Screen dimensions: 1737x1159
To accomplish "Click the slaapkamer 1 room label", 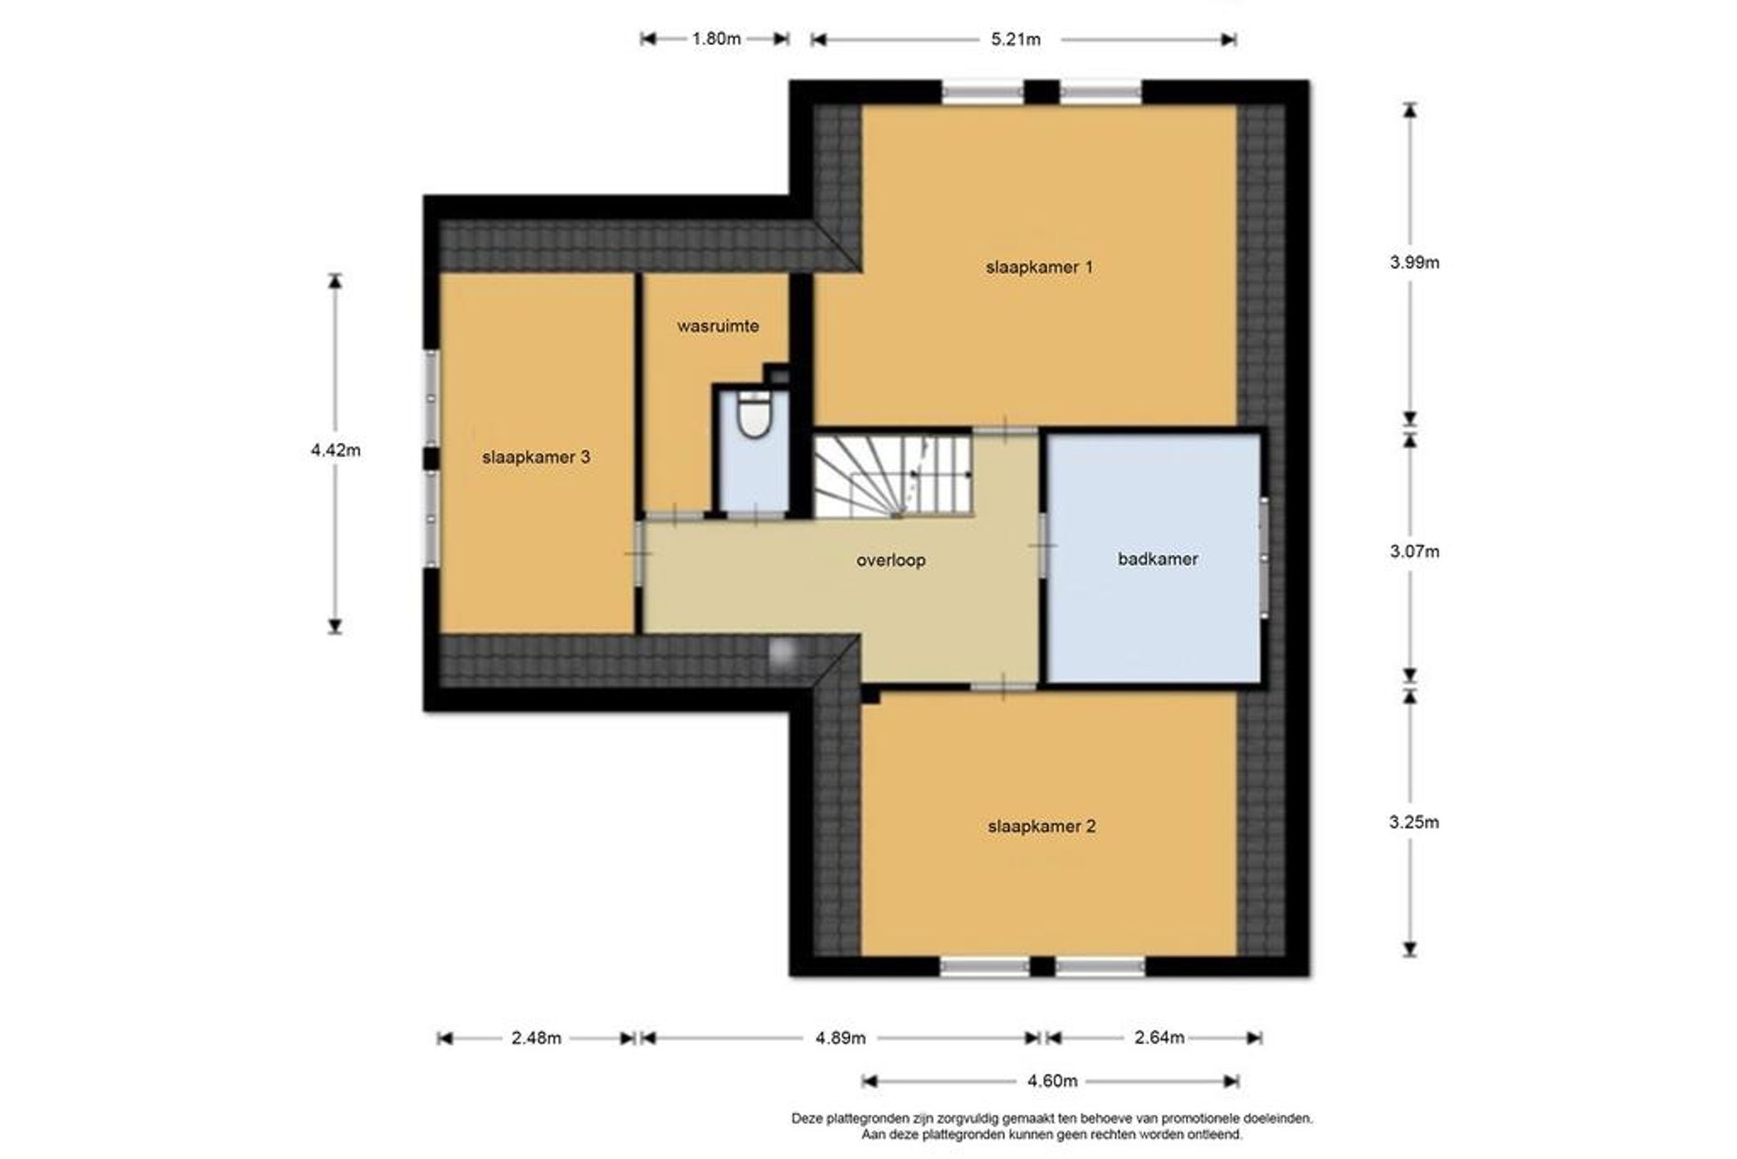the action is point(1039,267).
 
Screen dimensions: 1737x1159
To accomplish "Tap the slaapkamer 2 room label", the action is point(1041,826).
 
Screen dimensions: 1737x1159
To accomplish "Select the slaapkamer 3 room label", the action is point(536,457).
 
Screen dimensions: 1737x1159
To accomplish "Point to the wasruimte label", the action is point(717,326).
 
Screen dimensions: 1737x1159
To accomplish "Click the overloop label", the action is point(890,560).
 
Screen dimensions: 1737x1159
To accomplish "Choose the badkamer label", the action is point(1157,559).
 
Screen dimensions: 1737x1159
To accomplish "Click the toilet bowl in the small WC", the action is point(754,415).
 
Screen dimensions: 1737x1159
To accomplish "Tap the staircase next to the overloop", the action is point(893,475).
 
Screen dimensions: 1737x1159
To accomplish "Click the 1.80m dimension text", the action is point(716,39).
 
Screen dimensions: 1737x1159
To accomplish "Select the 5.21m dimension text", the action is point(1016,39).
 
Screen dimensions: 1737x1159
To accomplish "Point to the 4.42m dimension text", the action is point(335,450).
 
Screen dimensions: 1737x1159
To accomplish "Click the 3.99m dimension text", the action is point(1415,262).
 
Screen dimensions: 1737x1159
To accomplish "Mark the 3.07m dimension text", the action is point(1415,552).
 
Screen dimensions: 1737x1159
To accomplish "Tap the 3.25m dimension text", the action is point(1415,822).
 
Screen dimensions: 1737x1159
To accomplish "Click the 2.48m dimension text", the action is point(536,1038).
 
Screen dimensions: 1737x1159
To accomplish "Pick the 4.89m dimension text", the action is point(840,1038).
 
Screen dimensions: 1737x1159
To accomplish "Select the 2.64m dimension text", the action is point(1159,1038).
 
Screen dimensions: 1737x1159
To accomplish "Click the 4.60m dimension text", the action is point(1052,1081).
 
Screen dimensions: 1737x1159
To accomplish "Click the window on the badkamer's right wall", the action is point(1263,557).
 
